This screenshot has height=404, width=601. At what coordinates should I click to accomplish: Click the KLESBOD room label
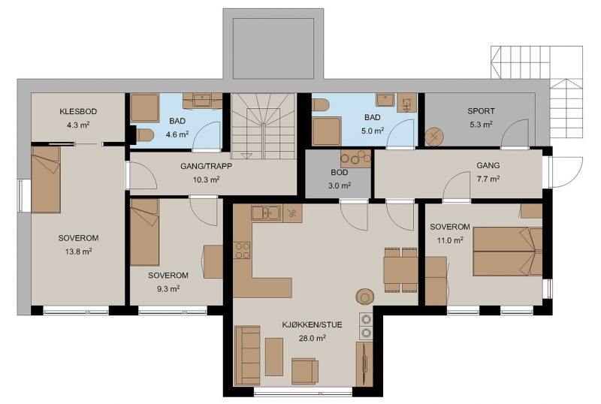click(x=78, y=112)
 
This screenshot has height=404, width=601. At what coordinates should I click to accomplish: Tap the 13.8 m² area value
click(x=78, y=252)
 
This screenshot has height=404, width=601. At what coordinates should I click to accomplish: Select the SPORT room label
click(x=481, y=111)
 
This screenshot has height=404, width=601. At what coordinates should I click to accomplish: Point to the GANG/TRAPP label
click(x=206, y=167)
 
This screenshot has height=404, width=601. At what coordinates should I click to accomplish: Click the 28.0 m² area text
click(x=312, y=338)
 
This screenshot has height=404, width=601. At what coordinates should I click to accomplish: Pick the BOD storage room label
click(x=340, y=173)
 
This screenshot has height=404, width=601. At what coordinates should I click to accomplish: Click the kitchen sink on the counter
click(x=266, y=213)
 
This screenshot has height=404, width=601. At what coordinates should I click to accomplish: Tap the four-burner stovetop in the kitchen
click(x=242, y=250)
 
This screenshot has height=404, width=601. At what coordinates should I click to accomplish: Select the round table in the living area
click(x=365, y=297)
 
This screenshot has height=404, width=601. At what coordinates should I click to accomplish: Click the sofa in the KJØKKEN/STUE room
click(x=247, y=355)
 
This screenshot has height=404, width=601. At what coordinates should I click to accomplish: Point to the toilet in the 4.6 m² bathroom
click(x=144, y=134)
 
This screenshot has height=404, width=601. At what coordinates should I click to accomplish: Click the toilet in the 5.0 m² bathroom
click(x=321, y=104)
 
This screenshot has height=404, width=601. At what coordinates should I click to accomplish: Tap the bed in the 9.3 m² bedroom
click(x=144, y=232)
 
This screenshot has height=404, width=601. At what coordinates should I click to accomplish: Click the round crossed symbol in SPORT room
click(x=434, y=137)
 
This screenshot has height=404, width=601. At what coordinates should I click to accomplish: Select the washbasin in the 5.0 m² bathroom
click(x=384, y=101)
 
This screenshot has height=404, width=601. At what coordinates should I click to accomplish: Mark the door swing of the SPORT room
click(x=515, y=132)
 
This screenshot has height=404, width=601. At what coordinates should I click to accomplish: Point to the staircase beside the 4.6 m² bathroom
click(x=264, y=126)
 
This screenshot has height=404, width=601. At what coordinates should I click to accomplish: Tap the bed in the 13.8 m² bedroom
click(x=46, y=179)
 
